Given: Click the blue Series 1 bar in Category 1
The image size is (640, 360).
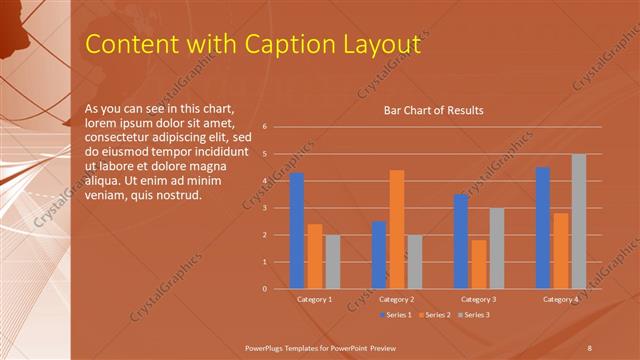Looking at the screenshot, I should point(297,231).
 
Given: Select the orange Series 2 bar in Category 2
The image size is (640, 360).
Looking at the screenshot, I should point(397,229).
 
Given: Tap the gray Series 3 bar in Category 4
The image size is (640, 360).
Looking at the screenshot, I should point(579,221).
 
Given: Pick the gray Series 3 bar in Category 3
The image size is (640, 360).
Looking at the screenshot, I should point(497,248).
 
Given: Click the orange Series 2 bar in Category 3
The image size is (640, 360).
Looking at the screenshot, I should point(479,264).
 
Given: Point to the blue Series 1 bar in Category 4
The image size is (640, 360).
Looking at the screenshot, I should point(543,228).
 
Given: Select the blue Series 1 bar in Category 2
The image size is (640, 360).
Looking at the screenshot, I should point(379,255).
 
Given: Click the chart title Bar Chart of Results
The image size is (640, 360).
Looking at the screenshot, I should point(434,110).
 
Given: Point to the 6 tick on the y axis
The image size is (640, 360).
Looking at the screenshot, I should point(265,127).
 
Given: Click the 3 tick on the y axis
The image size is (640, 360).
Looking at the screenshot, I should point(265,208).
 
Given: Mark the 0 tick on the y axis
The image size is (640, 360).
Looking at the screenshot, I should point(265,289).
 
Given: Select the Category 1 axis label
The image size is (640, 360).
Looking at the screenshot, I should point(315,299).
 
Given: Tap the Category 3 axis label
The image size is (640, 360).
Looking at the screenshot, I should point(479,299).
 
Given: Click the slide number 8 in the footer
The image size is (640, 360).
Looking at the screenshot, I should point(590,347).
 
